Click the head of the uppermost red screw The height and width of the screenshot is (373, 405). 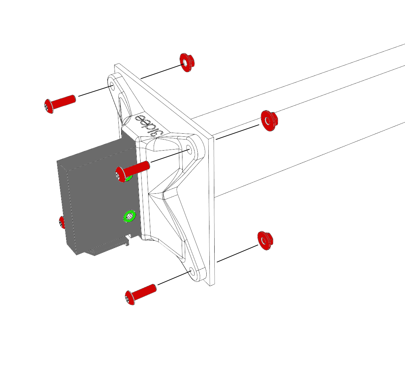pos(48,106)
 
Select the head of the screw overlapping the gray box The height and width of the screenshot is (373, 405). pos(120,174)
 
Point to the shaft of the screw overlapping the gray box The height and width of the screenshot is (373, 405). pos(137,168)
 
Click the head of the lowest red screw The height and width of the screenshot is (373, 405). pos(130,298)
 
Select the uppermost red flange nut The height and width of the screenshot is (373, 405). pos(187,63)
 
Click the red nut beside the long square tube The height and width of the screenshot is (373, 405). pos(269,121)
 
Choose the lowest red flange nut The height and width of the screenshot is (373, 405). pos(265,240)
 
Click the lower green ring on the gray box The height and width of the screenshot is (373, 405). pos(129,217)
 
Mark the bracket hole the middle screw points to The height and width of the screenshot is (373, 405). pos(189,150)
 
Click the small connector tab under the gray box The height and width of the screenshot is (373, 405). pos(127,241)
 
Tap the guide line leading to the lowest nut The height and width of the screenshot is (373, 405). pos(237,253)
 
